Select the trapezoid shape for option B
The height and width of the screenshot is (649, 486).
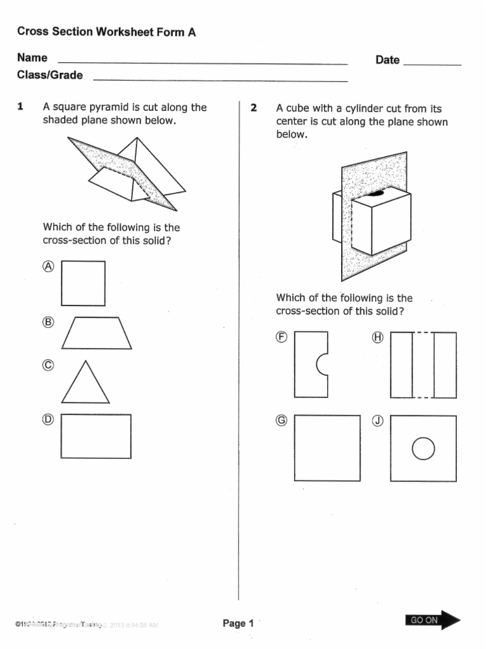click(97, 333)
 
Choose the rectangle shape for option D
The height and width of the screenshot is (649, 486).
click(96, 436)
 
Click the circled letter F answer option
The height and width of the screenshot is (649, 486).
click(282, 337)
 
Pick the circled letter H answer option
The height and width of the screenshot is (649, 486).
click(378, 337)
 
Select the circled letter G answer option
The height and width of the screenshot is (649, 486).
click(282, 420)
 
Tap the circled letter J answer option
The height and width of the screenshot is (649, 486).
click(378, 420)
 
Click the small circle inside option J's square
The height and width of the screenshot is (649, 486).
click(423, 449)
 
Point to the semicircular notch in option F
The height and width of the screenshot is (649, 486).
click(323, 364)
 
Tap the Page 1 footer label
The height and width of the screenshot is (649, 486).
click(238, 624)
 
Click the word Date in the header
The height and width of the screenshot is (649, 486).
click(387, 60)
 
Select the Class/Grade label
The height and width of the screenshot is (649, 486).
click(50, 75)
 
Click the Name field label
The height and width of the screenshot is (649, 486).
click(32, 58)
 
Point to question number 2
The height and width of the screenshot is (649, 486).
click(254, 108)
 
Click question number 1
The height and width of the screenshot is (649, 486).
click(20, 107)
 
